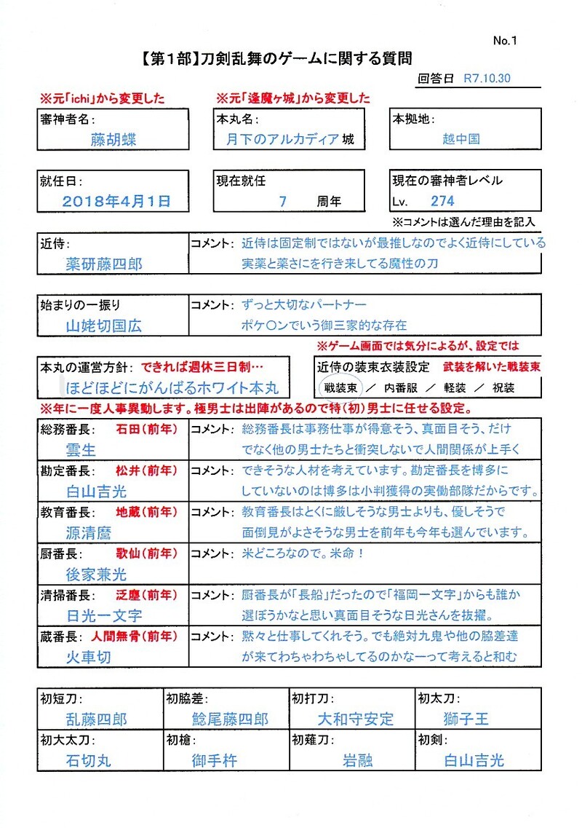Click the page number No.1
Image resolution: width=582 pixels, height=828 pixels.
[x=504, y=42]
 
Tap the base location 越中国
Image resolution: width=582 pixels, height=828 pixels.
[x=461, y=139]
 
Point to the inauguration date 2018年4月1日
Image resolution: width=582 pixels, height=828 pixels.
[x=116, y=201]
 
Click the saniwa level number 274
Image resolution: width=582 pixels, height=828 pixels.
[x=443, y=201]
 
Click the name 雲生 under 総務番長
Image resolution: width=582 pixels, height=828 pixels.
[x=81, y=450]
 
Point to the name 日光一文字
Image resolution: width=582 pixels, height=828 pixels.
[x=104, y=615]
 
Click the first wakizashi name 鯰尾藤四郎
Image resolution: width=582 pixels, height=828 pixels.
[x=230, y=719]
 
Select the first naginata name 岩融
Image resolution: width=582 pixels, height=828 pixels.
[x=357, y=760]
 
